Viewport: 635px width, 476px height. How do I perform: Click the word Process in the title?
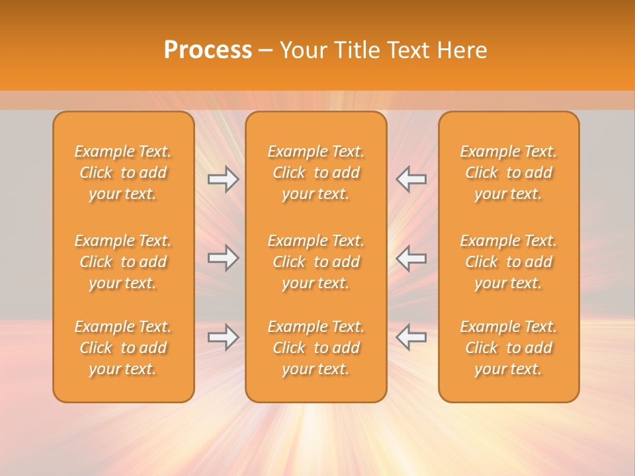pos(208,50)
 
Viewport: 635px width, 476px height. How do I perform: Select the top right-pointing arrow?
pos(223,179)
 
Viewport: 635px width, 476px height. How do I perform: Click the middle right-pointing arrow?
pos(223,258)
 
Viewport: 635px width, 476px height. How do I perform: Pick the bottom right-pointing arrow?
pos(223,337)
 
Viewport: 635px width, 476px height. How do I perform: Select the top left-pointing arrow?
pos(411,179)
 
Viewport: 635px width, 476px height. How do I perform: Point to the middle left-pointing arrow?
pos(411,258)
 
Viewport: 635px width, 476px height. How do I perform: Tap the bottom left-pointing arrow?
pos(411,337)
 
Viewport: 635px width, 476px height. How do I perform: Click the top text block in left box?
pos(123,173)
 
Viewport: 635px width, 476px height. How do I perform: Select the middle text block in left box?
pos(123,262)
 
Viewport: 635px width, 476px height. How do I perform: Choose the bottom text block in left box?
pos(123,348)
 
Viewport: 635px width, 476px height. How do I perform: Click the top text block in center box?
pos(316,173)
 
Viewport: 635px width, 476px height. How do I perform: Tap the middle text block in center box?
pos(316,262)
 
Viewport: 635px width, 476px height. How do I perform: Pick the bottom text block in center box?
pos(316,348)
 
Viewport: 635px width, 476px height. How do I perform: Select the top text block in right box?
pos(509,173)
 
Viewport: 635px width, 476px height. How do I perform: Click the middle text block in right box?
pos(509,262)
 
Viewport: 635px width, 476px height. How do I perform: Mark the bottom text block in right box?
pos(509,348)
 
